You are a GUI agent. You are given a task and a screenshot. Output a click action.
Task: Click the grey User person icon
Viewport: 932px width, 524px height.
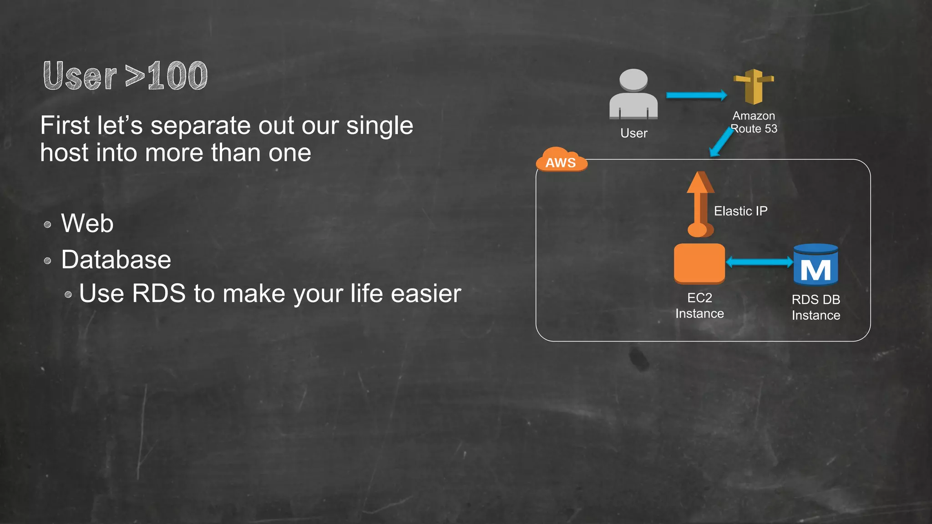tap(633, 94)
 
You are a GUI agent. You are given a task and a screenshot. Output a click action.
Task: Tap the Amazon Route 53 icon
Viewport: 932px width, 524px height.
tap(754, 86)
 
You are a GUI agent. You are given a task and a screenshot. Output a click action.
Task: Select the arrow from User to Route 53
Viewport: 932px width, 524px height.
tap(696, 95)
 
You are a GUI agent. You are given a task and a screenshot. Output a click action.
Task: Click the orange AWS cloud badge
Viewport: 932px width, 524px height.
tap(561, 161)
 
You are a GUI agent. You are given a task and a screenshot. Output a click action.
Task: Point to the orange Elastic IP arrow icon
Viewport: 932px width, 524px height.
tap(700, 204)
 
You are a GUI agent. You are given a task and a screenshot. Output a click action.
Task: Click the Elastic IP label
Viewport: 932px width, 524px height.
tap(740, 211)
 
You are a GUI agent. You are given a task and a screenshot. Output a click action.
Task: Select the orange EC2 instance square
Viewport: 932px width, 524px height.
tap(699, 263)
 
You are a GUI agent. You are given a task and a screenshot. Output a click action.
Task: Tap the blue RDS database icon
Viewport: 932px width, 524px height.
tap(815, 265)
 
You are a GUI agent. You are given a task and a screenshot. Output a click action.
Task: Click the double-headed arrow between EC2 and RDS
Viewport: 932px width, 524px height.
tap(759, 262)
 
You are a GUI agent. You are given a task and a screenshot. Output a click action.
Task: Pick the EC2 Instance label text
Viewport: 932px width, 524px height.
tap(699, 306)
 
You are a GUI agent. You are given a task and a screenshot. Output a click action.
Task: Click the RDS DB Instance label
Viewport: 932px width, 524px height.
tap(815, 307)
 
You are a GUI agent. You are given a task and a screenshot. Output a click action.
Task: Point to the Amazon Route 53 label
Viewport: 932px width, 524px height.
tap(754, 122)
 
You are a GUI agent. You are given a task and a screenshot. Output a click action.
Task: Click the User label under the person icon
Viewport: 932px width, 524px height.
tap(633, 133)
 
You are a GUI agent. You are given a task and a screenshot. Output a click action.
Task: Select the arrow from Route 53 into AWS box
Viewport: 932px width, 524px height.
tap(722, 142)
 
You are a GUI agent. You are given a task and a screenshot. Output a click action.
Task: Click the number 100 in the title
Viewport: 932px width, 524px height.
tap(177, 76)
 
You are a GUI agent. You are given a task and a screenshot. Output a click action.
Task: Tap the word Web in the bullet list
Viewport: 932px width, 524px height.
tap(87, 223)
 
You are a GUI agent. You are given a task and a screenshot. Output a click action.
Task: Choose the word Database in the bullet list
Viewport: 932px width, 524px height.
tap(116, 260)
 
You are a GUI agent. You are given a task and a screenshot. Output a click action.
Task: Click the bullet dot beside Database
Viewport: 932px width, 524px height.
tap(47, 261)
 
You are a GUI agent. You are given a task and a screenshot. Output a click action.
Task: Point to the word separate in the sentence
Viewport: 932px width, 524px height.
tap(200, 126)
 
